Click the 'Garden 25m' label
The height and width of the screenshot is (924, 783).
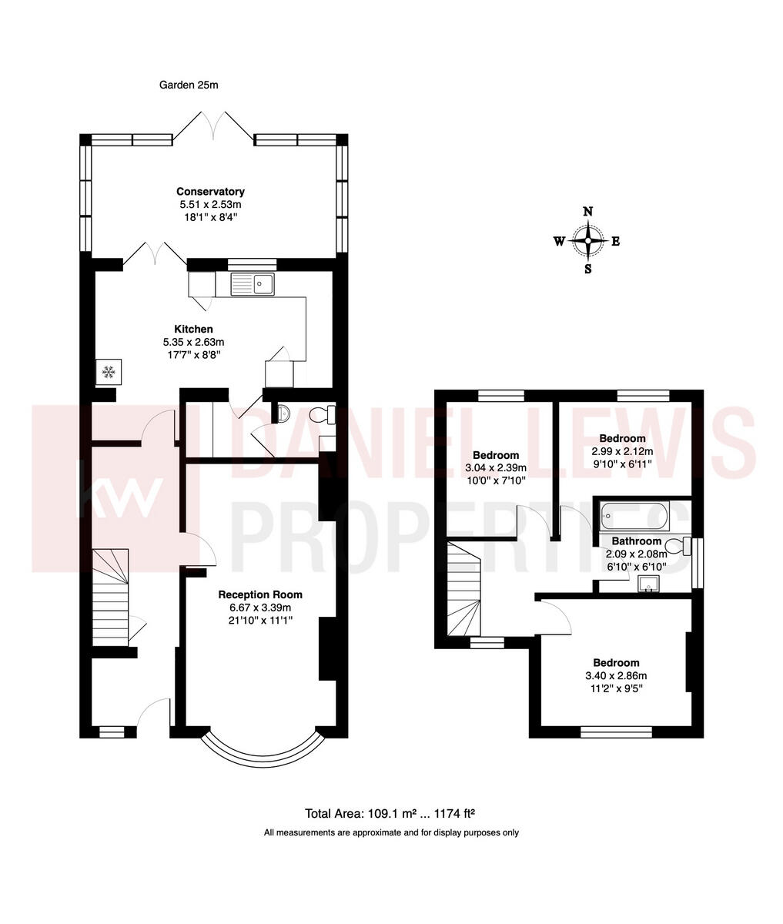(x=189, y=85)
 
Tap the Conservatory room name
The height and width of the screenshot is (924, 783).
(x=210, y=192)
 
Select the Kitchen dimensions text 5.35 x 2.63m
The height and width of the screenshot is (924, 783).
(x=193, y=342)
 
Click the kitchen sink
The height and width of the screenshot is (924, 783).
(x=253, y=284)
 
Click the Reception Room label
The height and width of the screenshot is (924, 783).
(x=259, y=594)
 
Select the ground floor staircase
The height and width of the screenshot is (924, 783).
(x=109, y=598)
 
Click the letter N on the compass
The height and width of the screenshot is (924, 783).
(x=588, y=211)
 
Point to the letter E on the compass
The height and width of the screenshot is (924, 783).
(x=616, y=241)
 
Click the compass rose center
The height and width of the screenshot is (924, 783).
(x=588, y=241)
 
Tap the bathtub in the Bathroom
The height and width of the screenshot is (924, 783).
(x=634, y=514)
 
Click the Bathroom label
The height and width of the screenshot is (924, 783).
(x=636, y=541)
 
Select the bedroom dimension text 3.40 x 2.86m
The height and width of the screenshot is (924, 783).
(x=616, y=676)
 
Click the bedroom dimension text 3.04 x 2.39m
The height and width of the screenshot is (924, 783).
(x=496, y=468)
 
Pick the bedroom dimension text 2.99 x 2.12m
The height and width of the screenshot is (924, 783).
(x=621, y=451)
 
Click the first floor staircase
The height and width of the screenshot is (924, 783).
(x=463, y=589)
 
